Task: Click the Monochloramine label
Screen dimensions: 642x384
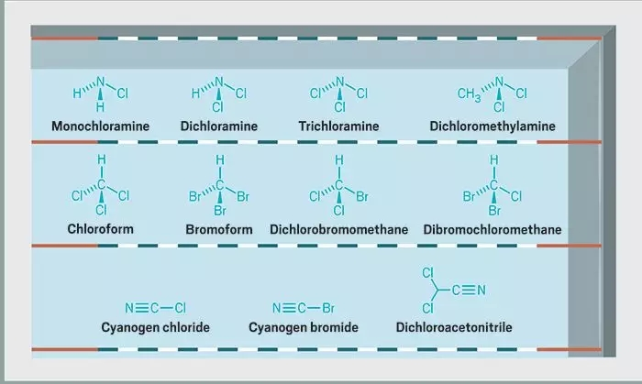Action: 100,126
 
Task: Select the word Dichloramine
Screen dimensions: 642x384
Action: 219,126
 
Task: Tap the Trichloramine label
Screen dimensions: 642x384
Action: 338,126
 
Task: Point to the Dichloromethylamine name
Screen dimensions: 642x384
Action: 493,126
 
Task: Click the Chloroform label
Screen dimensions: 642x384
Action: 100,228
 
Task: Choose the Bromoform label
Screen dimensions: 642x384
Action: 219,229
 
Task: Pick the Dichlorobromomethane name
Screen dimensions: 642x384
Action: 339,229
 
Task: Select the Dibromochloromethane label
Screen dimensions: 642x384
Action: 493,229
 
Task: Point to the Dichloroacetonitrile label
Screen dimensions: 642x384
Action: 454,327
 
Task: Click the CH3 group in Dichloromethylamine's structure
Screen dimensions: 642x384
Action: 469,94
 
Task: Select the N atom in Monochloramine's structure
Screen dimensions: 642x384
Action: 100,82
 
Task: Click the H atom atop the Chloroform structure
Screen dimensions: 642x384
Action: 102,159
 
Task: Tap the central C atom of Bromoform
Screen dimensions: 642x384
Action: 220,185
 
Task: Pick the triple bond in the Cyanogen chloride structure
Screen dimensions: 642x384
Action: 141,308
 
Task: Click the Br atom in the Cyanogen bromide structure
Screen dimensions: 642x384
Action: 328,308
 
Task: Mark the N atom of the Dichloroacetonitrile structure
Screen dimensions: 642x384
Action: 481,290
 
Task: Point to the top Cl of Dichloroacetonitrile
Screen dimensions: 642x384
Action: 428,273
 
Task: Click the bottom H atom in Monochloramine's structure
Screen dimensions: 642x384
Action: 100,107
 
